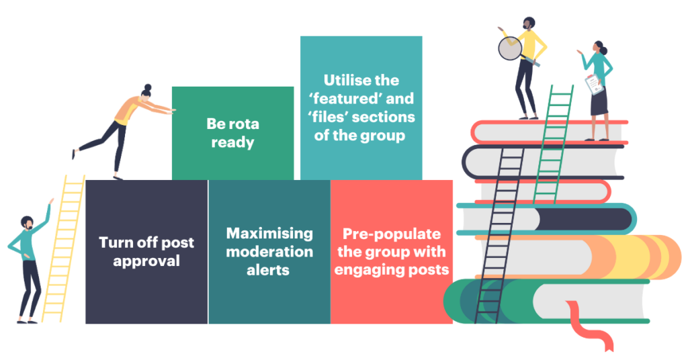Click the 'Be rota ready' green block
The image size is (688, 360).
(232, 133)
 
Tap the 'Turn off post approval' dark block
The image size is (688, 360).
(146, 251)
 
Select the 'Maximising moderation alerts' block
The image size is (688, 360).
(269, 251)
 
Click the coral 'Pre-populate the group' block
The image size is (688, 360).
(391, 251)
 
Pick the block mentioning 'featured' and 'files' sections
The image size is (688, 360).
(361, 107)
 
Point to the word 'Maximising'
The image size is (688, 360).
(269, 234)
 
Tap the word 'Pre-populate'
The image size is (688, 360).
(392, 234)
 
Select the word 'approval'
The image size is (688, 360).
(146, 261)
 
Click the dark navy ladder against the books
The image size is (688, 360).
(499, 235)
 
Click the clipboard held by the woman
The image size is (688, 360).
(593, 85)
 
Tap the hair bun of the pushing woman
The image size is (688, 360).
(148, 87)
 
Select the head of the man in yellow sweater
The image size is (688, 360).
(528, 23)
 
